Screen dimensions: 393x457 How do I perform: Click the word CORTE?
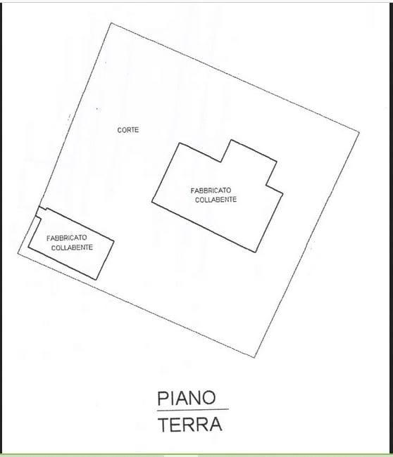pos(128,130)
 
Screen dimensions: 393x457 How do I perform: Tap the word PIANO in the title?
pos(187,398)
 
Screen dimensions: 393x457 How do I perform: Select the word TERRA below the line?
pos(190,424)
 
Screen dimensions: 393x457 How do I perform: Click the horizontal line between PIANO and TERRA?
pos(193,410)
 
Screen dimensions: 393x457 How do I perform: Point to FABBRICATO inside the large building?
pos(211,191)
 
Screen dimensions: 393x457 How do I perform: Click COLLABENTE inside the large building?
pos(216,200)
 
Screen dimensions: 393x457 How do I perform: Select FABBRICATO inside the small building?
pos(67,238)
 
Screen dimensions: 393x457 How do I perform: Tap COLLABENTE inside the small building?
pos(72,247)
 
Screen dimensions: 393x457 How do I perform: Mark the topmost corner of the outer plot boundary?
pos(111,22)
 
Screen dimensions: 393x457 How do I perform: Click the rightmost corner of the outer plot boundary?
pos(359,133)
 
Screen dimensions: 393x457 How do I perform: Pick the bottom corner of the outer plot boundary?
pos(254,357)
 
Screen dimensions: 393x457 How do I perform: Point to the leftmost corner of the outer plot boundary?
pos(18,254)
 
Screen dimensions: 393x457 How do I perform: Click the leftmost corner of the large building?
pos(152,201)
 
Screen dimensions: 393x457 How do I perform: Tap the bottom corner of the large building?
pos(256,252)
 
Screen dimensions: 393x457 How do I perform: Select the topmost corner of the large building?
pos(231,140)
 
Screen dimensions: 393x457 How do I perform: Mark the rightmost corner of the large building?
pos(282,193)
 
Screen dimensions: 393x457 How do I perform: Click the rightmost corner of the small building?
pos(113,241)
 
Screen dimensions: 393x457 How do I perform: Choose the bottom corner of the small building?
pos(96,280)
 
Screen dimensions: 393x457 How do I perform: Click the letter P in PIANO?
pos(162,399)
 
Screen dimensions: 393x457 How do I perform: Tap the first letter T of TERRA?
pos(163,425)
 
